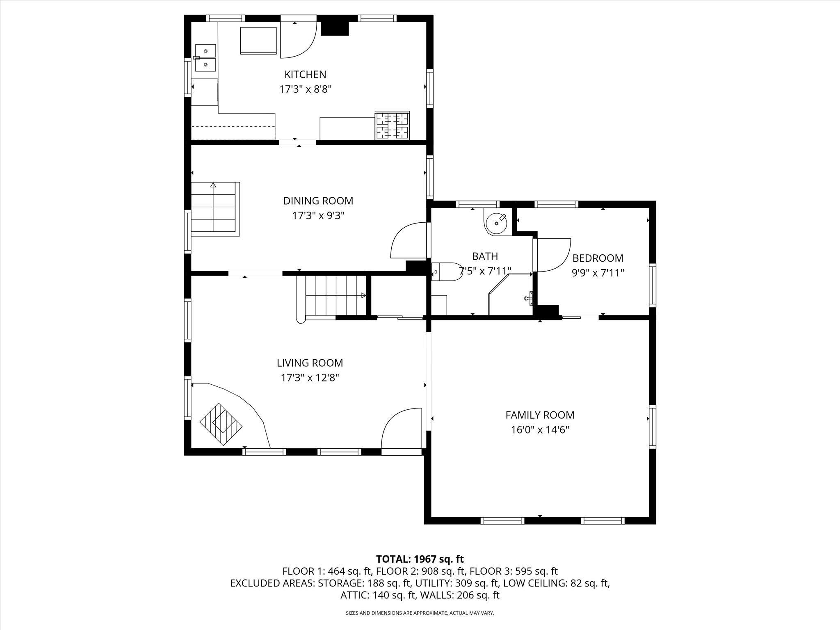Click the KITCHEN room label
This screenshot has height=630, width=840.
(x=305, y=75)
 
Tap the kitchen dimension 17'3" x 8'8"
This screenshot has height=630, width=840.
(x=305, y=89)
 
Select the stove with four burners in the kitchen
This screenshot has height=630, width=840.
(x=392, y=125)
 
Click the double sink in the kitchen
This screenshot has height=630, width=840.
(x=205, y=58)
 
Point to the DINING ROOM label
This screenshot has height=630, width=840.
(x=318, y=201)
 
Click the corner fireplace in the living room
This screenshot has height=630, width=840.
(x=221, y=424)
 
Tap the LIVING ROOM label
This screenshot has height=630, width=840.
(x=310, y=363)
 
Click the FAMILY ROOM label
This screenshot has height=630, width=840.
(x=540, y=415)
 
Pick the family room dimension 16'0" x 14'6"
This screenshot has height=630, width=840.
(x=540, y=430)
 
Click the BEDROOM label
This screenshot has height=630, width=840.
(x=598, y=258)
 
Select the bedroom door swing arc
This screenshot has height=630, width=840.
(x=554, y=255)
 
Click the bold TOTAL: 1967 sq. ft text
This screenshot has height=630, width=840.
(x=420, y=559)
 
